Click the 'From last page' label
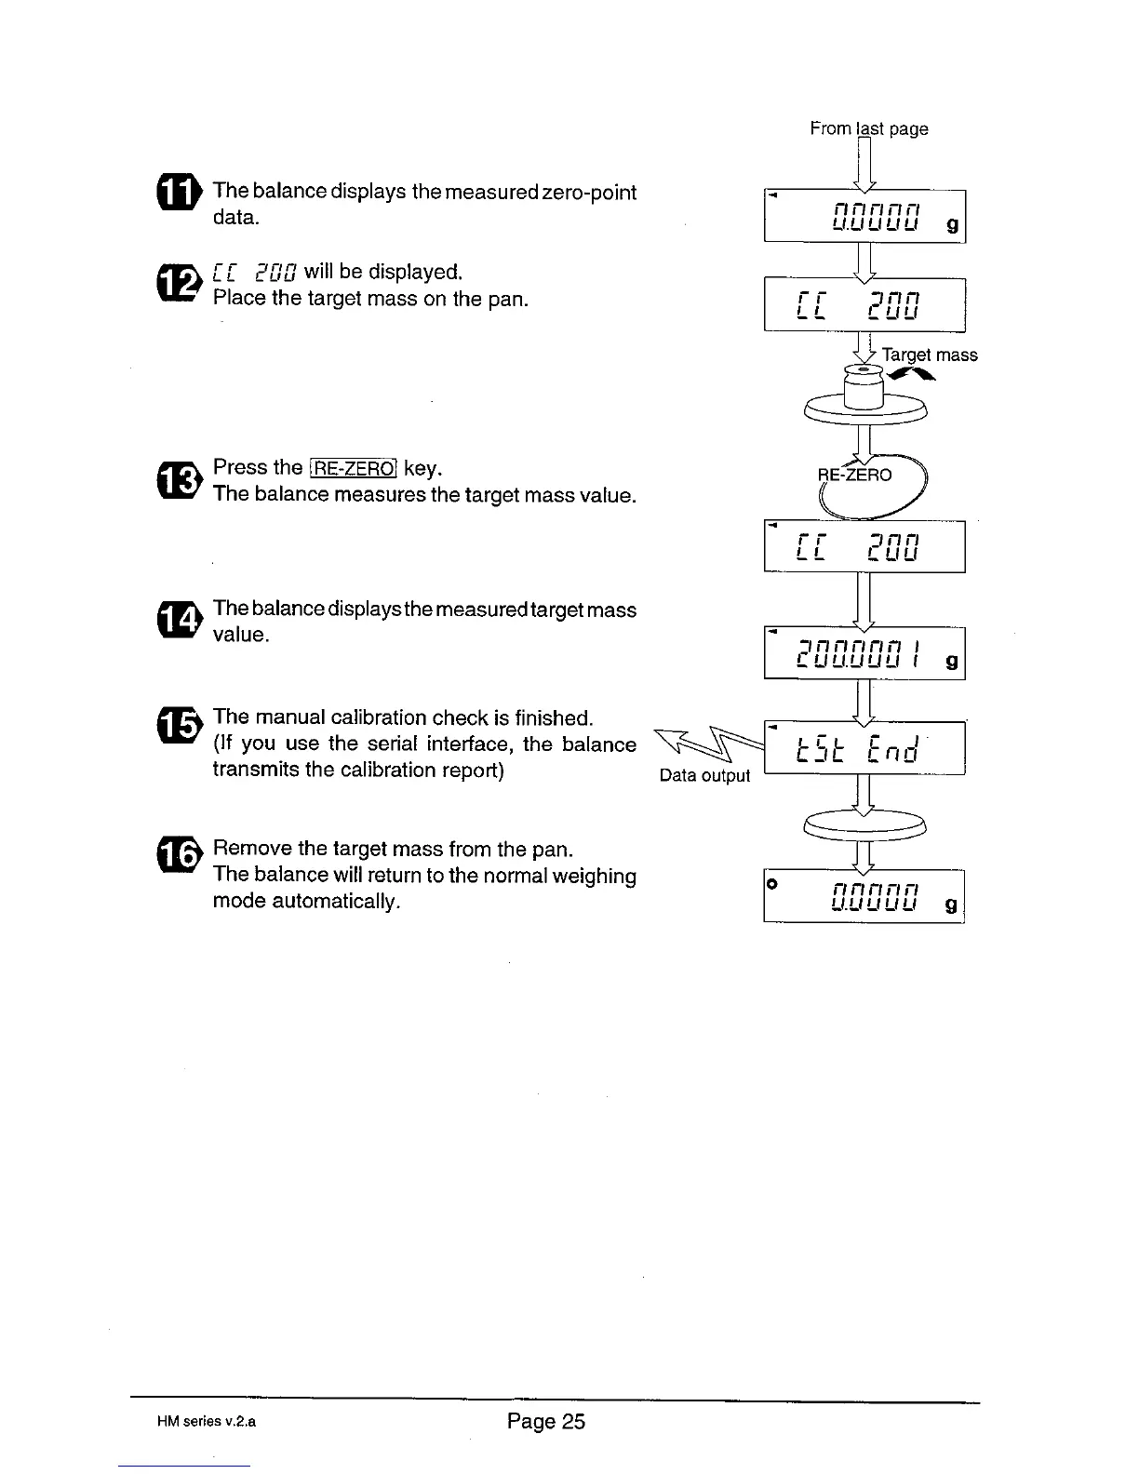point(868,128)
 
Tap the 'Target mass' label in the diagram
point(929,355)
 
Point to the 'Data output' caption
point(704,775)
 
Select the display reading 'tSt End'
point(864,748)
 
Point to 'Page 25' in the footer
point(546,1421)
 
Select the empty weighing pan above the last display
point(865,824)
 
